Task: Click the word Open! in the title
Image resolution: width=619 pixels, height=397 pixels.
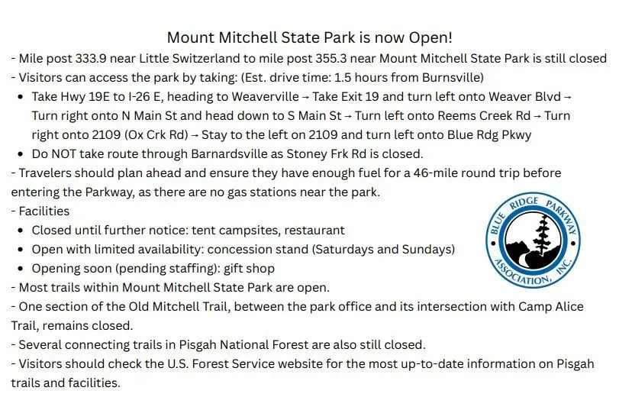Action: click(x=430, y=37)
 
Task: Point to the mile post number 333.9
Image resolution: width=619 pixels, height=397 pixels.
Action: click(x=91, y=59)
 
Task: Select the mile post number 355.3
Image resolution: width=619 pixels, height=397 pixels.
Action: click(x=330, y=59)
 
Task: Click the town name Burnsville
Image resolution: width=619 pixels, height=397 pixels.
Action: click(x=451, y=77)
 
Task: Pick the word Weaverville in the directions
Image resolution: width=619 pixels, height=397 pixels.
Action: click(x=266, y=96)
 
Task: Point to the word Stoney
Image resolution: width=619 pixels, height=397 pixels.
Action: click(x=305, y=153)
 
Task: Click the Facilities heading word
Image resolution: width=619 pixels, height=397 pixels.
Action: click(x=44, y=211)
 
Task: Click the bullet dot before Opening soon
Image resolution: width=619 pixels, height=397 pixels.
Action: click(x=21, y=269)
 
